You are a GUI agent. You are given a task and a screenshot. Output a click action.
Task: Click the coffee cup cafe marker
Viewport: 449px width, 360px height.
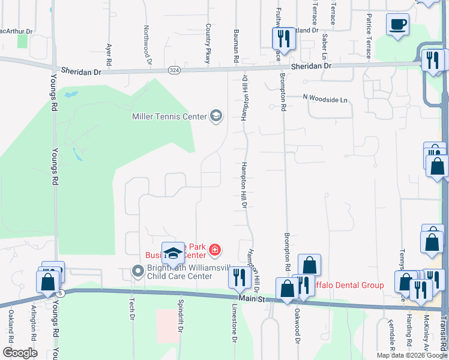point(397,25)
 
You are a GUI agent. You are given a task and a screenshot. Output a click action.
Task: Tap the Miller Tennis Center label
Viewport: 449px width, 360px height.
point(169,116)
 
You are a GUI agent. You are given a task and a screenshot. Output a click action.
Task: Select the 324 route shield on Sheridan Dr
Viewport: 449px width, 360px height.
point(174,70)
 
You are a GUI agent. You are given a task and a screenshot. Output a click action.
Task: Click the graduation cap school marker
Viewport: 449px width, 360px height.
point(173,254)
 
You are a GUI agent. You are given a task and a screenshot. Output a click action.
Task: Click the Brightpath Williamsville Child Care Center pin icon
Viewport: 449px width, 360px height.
point(138,272)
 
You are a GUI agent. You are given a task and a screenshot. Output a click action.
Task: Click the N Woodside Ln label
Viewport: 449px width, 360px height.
point(325,97)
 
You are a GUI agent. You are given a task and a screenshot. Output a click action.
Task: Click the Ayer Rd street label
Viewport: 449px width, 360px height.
point(109,55)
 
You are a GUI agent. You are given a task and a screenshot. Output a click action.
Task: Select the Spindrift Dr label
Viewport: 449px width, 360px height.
point(179,317)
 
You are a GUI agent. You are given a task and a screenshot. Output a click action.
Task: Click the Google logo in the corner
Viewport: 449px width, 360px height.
point(20,353)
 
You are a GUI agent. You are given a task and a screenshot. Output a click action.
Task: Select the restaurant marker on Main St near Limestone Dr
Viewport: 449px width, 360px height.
point(239,277)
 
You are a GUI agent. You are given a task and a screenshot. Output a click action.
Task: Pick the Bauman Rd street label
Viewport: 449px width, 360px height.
point(236,44)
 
